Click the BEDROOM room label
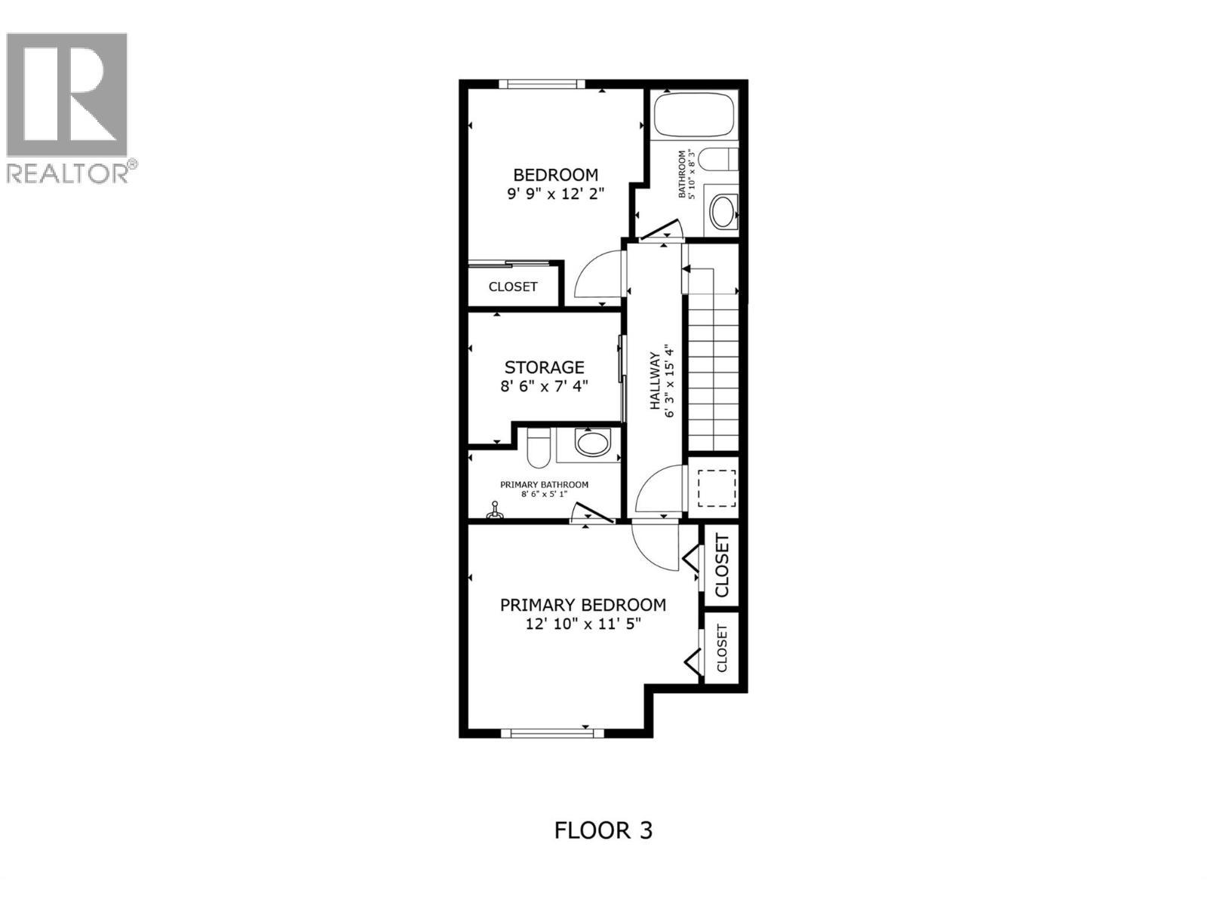tap(556, 175)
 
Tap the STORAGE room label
tap(544, 367)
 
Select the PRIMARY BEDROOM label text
tap(583, 605)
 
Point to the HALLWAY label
tap(655, 380)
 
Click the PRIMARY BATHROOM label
tap(544, 485)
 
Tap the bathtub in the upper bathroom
tap(694, 114)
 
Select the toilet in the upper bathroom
tap(717, 159)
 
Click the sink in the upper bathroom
tap(723, 212)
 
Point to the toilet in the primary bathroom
tap(539, 449)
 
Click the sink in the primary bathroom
tap(592, 443)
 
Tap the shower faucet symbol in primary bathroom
tap(495, 512)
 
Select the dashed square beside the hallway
tap(716, 488)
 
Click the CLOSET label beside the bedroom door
tap(513, 287)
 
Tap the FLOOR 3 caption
tap(603, 830)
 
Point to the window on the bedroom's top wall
tap(545, 84)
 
